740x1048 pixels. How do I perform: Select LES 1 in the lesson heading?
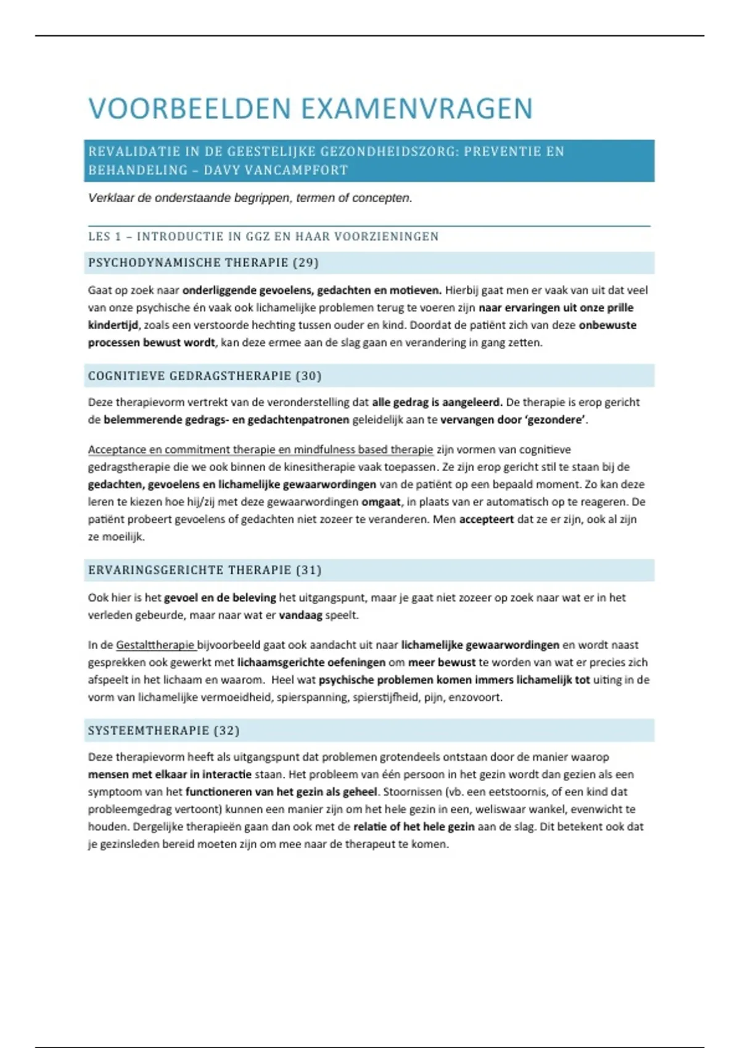105,236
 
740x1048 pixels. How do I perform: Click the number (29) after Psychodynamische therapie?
306,263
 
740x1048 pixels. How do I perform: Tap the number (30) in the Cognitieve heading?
308,376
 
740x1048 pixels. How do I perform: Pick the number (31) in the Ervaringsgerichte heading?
309,570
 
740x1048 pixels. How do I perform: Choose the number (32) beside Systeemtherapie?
226,731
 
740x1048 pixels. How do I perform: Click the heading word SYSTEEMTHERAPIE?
149,731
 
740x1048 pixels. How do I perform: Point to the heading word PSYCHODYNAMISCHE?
154,263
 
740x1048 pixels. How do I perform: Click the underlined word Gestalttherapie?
155,645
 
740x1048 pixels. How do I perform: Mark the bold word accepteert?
487,519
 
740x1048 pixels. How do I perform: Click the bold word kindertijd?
113,325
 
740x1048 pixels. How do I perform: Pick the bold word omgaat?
380,502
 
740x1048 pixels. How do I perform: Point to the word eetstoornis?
517,792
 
